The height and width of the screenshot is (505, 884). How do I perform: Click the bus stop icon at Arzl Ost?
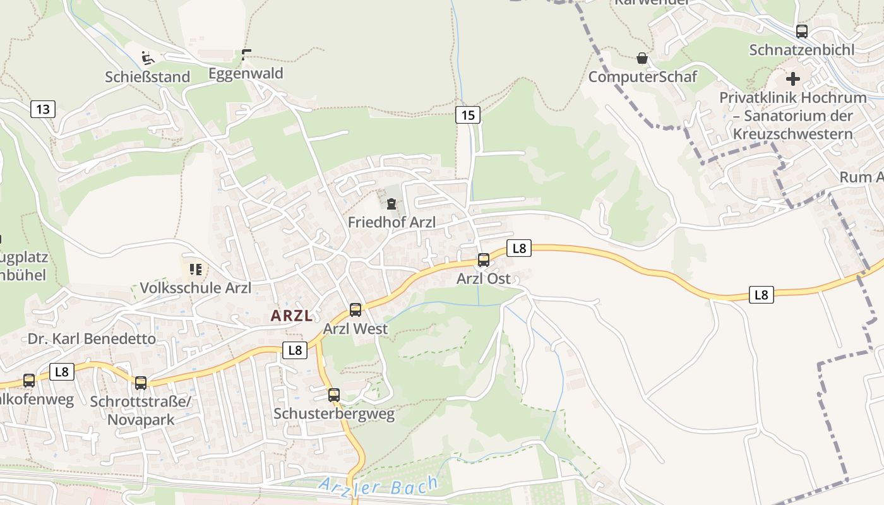(x=483, y=259)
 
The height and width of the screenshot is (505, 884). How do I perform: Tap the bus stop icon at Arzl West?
(x=355, y=309)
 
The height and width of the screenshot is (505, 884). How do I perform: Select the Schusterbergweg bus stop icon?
(x=333, y=395)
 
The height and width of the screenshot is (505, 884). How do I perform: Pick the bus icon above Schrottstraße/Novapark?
(x=141, y=383)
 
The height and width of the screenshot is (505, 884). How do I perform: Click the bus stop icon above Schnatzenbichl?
(x=801, y=31)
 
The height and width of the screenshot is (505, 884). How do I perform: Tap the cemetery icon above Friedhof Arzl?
(x=391, y=203)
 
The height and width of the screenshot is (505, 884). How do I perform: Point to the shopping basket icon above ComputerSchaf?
(x=642, y=59)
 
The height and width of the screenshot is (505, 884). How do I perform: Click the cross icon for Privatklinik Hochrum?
(x=792, y=80)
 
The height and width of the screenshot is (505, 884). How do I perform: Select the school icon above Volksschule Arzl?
(x=195, y=270)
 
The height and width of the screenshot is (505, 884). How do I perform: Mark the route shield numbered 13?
(x=42, y=109)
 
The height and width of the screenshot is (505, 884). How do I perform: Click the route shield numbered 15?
(x=467, y=115)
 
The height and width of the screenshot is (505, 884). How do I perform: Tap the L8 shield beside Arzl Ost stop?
(x=519, y=248)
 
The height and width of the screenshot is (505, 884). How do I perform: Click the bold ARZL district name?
(x=292, y=316)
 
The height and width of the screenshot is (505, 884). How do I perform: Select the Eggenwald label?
(x=246, y=74)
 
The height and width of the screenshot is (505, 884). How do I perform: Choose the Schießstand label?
(x=147, y=77)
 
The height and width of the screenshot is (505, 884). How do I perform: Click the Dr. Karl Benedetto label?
(x=92, y=339)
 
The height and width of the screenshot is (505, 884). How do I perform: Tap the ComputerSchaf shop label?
(x=642, y=77)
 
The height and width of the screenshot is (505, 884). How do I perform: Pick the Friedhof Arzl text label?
(x=391, y=223)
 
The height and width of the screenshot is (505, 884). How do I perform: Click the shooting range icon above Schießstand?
(x=148, y=59)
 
